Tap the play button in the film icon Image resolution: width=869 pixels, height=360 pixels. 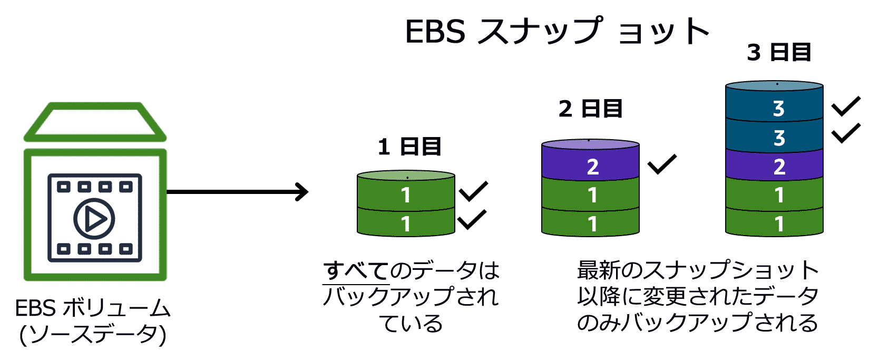pos(94,218)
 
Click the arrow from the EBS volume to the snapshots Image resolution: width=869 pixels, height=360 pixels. pos(237,192)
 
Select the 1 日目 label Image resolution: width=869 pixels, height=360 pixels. pos(409,147)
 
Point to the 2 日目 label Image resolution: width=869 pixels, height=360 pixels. pos(590,109)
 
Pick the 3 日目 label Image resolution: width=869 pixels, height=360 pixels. pos(779,53)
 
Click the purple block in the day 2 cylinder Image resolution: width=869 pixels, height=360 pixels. pos(590,167)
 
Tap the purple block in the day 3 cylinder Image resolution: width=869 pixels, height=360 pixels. pos(774,167)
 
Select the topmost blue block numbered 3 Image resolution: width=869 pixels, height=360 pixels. pos(774,109)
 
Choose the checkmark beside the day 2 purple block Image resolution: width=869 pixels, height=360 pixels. pos(662,164)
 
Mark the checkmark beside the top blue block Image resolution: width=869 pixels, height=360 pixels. pos(846,106)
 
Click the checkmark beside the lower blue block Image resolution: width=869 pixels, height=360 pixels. pos(846,134)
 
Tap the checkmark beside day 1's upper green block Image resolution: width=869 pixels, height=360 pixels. pos(473,192)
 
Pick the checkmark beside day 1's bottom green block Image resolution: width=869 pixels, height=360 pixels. pos(472,220)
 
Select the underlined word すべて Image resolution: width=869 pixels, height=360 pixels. pos(356,271)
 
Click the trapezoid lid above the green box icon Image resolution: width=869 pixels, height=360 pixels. pos(95,122)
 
